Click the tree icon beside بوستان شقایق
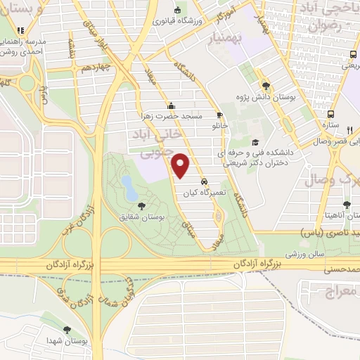click(x=143, y=205)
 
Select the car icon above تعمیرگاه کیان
click(x=204, y=181)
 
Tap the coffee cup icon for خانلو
click(x=219, y=114)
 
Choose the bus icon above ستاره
click(x=330, y=113)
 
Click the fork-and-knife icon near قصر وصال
click(x=349, y=129)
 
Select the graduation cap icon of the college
click(x=255, y=143)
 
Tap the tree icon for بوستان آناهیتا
click(x=346, y=204)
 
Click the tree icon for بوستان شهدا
click(x=67, y=329)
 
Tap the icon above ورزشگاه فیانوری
click(x=176, y=9)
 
